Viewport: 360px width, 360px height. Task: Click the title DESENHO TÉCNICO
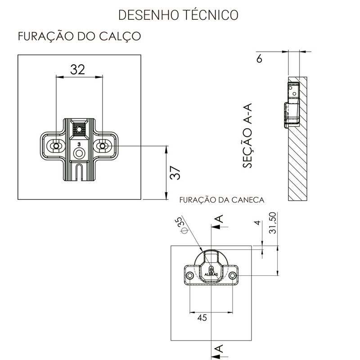pyautogui.click(x=177, y=14)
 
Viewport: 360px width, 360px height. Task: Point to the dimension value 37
pyautogui.click(x=176, y=172)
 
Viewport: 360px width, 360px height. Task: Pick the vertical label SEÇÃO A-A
pyautogui.click(x=249, y=135)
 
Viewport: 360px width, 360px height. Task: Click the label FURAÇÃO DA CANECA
pyautogui.click(x=221, y=199)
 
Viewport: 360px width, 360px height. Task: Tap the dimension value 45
pyautogui.click(x=202, y=318)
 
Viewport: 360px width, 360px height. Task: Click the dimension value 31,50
pyautogui.click(x=272, y=224)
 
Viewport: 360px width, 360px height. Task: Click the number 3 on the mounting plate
pyautogui.click(x=79, y=144)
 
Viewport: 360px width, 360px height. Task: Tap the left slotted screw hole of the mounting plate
pyautogui.click(x=56, y=146)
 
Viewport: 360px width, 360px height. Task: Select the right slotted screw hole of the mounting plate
pyautogui.click(x=103, y=146)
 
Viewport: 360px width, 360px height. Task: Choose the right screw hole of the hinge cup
pyautogui.click(x=233, y=275)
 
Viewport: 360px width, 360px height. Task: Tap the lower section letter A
pyautogui.click(x=219, y=348)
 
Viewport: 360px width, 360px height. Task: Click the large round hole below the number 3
pyautogui.click(x=79, y=153)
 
